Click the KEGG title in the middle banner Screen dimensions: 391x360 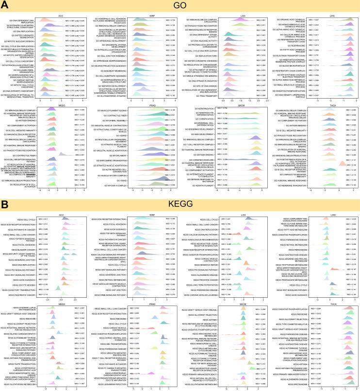pos(180,205)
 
